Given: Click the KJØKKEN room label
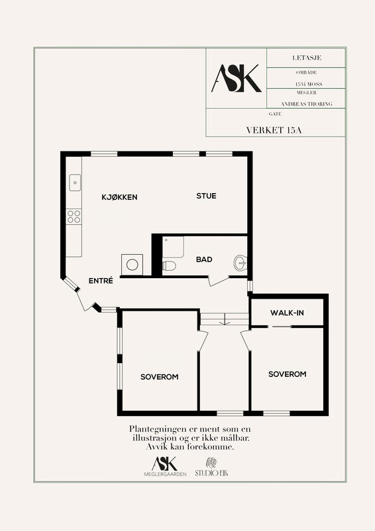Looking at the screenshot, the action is [x=119, y=197].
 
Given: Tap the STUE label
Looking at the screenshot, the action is [x=206, y=196].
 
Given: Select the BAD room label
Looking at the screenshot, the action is [x=204, y=260].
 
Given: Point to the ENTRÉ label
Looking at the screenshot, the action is [x=101, y=280].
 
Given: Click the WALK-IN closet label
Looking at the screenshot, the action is [x=287, y=313].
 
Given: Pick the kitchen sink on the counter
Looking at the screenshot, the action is [x=75, y=183].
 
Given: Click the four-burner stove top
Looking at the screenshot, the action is [x=74, y=217].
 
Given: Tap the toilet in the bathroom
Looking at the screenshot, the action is [x=169, y=266].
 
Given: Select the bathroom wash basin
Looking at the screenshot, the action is [x=241, y=263].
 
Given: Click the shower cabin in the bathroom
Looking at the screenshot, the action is [x=173, y=247].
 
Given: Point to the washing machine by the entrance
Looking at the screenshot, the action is [x=133, y=264].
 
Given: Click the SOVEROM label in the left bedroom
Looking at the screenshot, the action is [x=159, y=377].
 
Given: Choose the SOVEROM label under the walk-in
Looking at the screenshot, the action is [x=288, y=374].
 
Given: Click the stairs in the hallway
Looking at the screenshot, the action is [x=224, y=319].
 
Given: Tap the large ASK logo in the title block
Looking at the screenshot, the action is [x=237, y=78].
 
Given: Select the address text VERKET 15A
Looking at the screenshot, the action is [x=274, y=130].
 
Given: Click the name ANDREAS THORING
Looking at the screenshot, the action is [x=307, y=104].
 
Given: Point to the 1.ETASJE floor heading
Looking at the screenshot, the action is [x=307, y=58].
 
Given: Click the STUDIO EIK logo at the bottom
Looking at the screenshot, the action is [x=211, y=467].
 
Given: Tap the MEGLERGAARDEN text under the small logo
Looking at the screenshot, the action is [x=165, y=474].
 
